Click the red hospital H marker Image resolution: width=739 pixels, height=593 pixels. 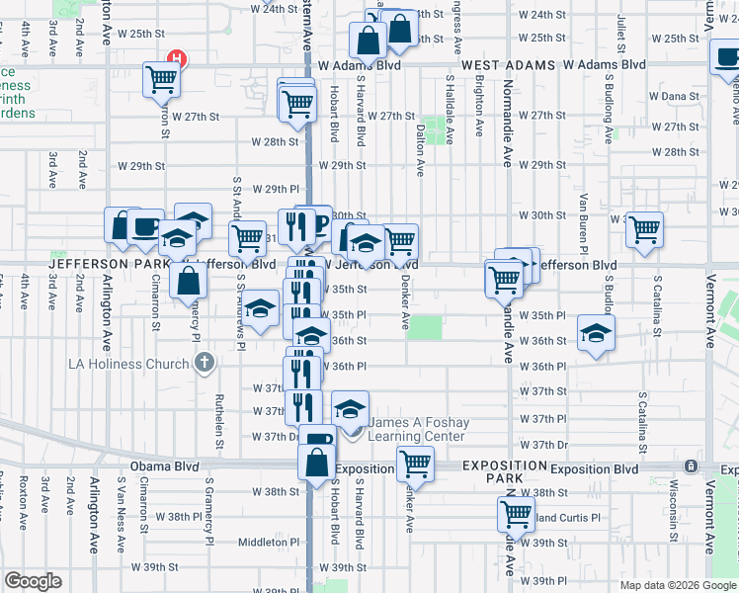pos(177,59)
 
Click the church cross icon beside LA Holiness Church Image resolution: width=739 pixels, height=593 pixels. pos(204,363)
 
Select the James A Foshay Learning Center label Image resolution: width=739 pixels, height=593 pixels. pos(418,429)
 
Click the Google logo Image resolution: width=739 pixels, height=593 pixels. pos(33,581)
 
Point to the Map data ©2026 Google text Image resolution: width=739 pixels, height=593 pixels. pos(677,585)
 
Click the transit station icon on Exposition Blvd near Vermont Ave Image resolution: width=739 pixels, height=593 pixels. pos(690,466)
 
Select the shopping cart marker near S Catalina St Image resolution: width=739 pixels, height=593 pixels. pos(644,230)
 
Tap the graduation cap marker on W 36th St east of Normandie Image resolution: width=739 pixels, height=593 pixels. pos(596,332)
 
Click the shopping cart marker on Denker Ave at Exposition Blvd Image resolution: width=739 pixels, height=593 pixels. pos(416,463)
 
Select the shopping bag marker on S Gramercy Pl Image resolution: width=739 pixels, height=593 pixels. pos(188,280)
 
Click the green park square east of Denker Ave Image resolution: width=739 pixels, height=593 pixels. pos(426,327)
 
